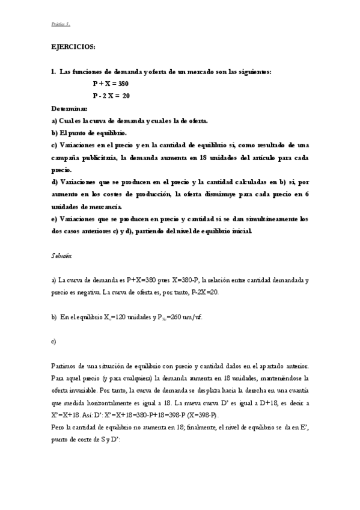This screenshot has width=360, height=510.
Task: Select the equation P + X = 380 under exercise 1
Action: click(111, 84)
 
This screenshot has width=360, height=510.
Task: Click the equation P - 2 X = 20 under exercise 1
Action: click(111, 96)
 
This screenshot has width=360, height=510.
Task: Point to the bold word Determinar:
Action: click(70, 108)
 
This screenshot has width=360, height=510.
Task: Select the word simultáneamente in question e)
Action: click(271, 219)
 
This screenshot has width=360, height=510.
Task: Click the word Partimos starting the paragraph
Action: click(65, 366)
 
